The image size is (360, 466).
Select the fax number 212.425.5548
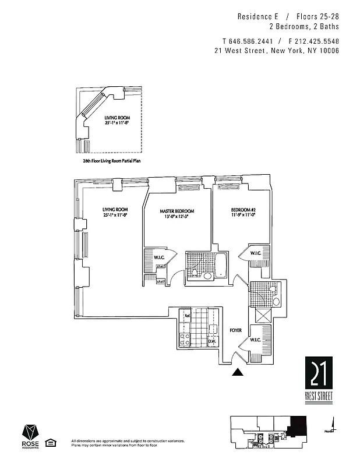tap(317, 41)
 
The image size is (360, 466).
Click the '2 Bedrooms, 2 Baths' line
tap(303, 27)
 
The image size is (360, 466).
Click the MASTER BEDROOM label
tap(177, 211)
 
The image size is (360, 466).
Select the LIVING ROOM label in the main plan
tap(115, 210)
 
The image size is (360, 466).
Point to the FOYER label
tap(235, 330)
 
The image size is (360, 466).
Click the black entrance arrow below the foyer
tap(238, 372)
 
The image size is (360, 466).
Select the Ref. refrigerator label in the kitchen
tap(188, 316)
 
